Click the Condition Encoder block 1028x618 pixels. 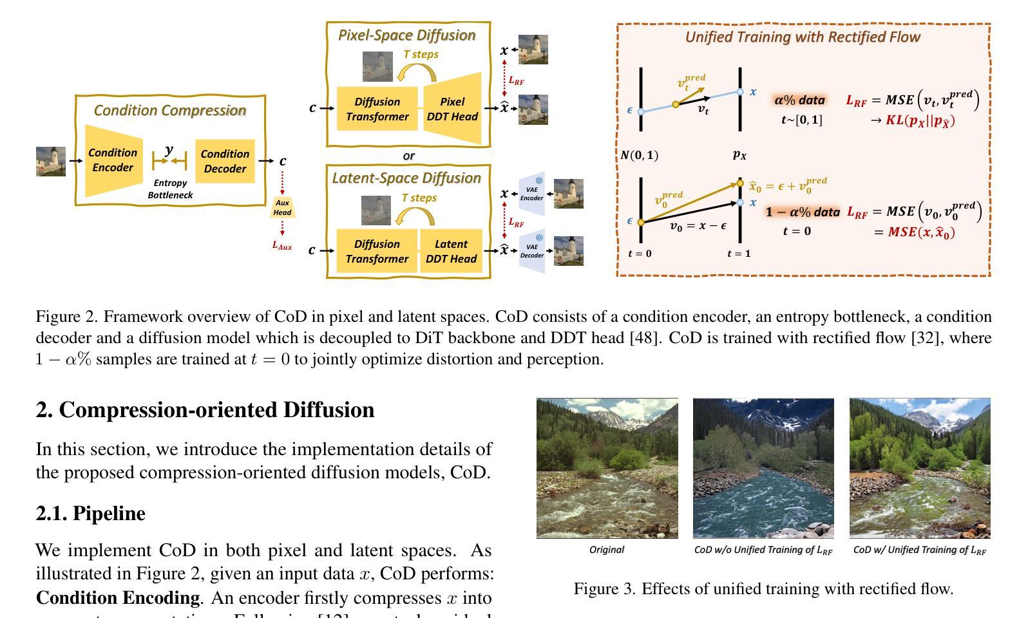click(x=113, y=160)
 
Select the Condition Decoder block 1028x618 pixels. click(x=225, y=161)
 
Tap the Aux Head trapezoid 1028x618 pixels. click(x=282, y=207)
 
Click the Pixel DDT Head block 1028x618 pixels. click(x=452, y=109)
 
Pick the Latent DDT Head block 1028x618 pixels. click(x=451, y=251)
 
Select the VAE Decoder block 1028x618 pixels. click(x=532, y=250)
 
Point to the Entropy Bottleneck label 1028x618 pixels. click(x=170, y=189)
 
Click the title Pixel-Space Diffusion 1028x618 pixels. click(x=407, y=35)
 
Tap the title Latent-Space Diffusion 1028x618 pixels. click(x=406, y=178)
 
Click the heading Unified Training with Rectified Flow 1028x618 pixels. click(x=803, y=37)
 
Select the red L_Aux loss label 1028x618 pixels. click(x=282, y=245)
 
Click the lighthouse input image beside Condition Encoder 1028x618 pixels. click(x=51, y=161)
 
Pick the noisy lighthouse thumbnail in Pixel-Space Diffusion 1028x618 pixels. click(x=377, y=66)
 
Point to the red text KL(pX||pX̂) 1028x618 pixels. click(x=920, y=120)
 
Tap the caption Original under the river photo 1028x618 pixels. click(x=607, y=550)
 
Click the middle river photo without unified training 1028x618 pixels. click(x=763, y=468)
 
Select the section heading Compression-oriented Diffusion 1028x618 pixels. click(x=205, y=410)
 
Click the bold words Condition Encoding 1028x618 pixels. click(x=118, y=598)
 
